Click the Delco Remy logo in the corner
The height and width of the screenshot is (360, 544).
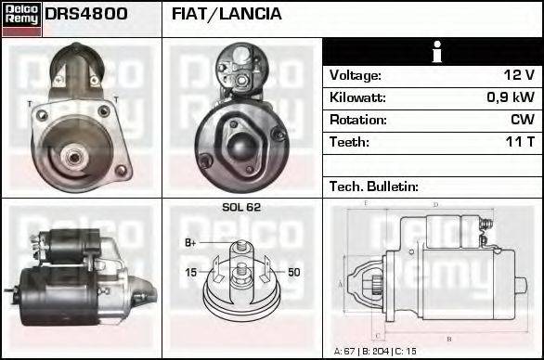click(21, 18)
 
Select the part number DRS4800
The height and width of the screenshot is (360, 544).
click(85, 15)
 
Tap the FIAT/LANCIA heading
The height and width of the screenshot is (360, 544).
click(227, 15)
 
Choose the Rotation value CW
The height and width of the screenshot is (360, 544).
click(523, 120)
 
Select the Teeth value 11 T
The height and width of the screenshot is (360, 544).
click(519, 142)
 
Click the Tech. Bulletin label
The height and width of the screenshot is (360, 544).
click(374, 186)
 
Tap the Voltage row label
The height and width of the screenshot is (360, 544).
click(355, 75)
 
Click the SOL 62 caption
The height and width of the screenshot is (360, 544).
click(241, 208)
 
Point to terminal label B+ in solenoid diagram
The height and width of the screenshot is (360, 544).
click(191, 243)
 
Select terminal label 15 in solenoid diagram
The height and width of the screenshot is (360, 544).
click(190, 272)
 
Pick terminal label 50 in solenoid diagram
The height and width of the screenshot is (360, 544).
click(293, 272)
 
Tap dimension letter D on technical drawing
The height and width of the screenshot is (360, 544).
click(435, 204)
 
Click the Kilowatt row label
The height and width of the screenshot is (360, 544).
click(357, 97)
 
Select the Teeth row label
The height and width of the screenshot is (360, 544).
click(349, 142)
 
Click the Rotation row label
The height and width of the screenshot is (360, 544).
click(357, 120)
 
